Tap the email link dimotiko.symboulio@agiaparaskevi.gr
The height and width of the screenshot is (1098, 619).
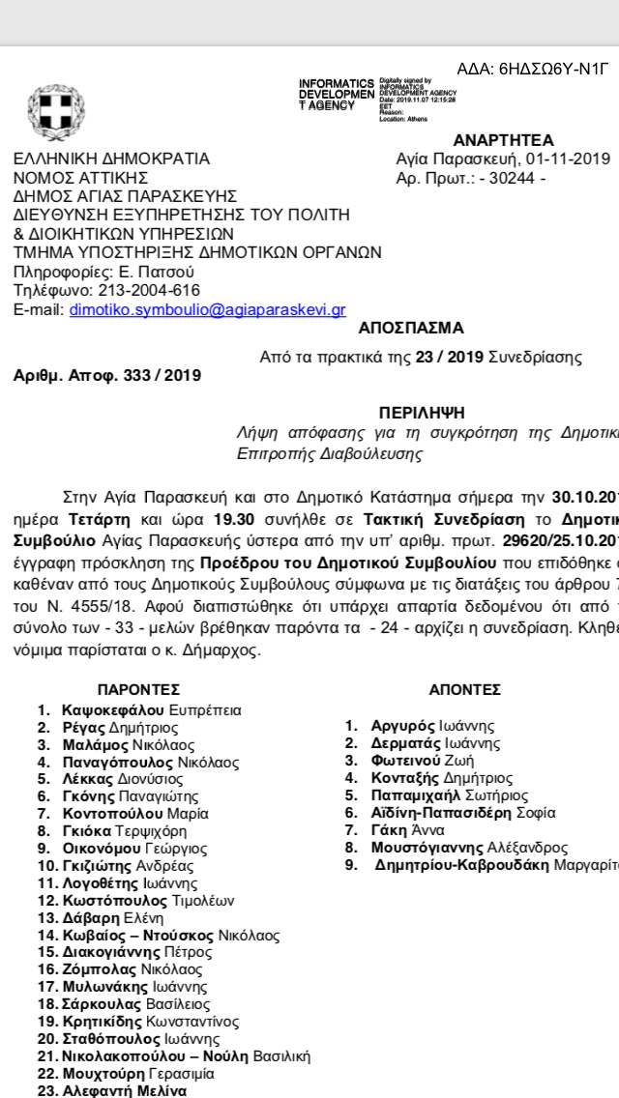pos(221,309)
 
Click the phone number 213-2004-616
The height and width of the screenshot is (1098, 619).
pos(148,290)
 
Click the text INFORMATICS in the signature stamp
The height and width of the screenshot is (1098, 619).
pos(336,83)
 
